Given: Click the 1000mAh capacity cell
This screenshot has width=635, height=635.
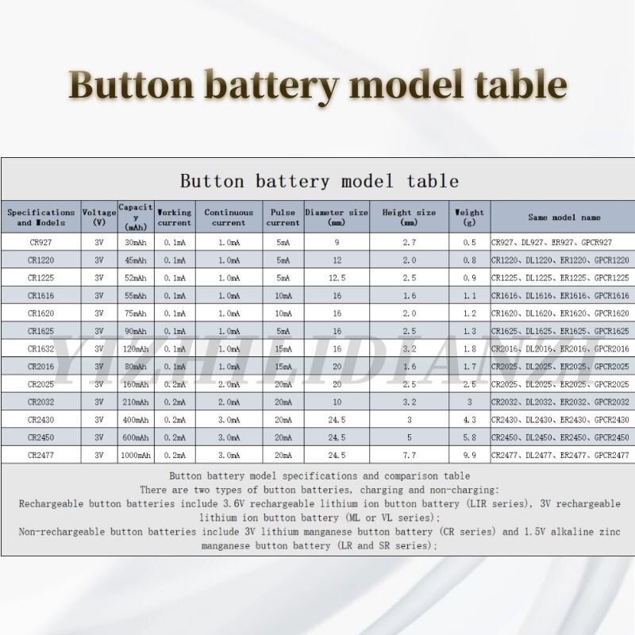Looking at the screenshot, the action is [x=136, y=455].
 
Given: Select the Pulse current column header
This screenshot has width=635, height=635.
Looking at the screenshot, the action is [x=283, y=217].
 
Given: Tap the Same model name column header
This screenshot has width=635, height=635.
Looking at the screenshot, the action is [x=564, y=217].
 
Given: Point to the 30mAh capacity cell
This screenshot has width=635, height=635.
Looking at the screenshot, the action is [x=136, y=242].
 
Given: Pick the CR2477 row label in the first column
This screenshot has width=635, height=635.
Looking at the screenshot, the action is [x=40, y=455].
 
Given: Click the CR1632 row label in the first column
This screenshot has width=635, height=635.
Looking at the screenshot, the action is [x=40, y=348].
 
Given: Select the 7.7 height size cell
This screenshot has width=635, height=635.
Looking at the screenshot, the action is [x=409, y=455].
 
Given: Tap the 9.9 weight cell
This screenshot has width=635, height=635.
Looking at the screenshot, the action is [x=469, y=455].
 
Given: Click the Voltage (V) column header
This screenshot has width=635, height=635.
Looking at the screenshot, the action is [x=98, y=217].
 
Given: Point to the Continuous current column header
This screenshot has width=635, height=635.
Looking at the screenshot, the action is [x=229, y=217].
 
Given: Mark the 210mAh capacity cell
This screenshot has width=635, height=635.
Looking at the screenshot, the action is [x=136, y=402].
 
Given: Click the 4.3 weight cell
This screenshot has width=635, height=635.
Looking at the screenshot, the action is [x=469, y=419].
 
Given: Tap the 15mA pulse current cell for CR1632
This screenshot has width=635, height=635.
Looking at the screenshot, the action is [x=283, y=348].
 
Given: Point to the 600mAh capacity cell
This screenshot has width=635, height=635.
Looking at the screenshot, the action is [x=136, y=437].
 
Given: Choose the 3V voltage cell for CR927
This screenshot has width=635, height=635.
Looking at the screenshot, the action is [x=98, y=242].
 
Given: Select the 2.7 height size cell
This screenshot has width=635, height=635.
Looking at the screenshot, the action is [x=409, y=242].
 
